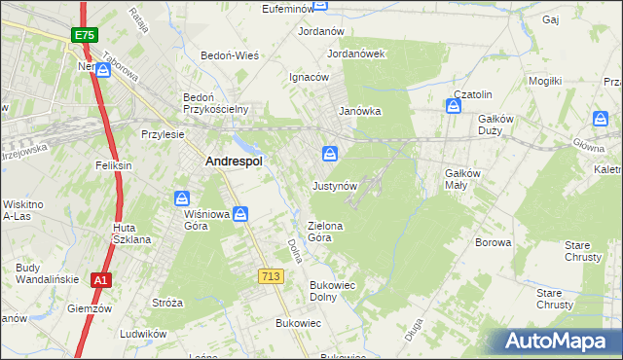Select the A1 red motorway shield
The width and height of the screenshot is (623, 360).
[100, 280]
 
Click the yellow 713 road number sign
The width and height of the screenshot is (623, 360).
[272, 277]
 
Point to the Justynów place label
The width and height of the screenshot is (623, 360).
[336, 185]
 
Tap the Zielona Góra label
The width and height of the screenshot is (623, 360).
[326, 232]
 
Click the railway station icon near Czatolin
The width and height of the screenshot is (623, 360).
[454, 105]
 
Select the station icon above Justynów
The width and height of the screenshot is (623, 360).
[331, 154]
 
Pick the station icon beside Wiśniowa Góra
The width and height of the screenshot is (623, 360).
[240, 213]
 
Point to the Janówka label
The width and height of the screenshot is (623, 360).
[359, 111]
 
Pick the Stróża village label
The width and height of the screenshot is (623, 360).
[167, 303]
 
